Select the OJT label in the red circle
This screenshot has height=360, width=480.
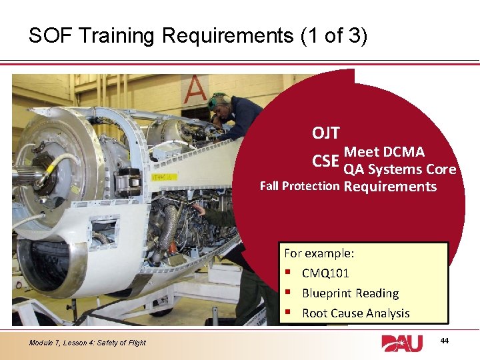325,133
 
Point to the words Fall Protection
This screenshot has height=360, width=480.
299,186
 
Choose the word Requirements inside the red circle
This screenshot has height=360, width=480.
390,187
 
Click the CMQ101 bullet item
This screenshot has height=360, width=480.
325,273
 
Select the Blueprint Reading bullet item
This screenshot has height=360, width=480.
350,293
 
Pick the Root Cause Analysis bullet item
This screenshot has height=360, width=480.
355,313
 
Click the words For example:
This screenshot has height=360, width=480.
319,253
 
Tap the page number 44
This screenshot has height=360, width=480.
445,341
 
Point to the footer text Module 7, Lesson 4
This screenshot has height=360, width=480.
87,343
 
